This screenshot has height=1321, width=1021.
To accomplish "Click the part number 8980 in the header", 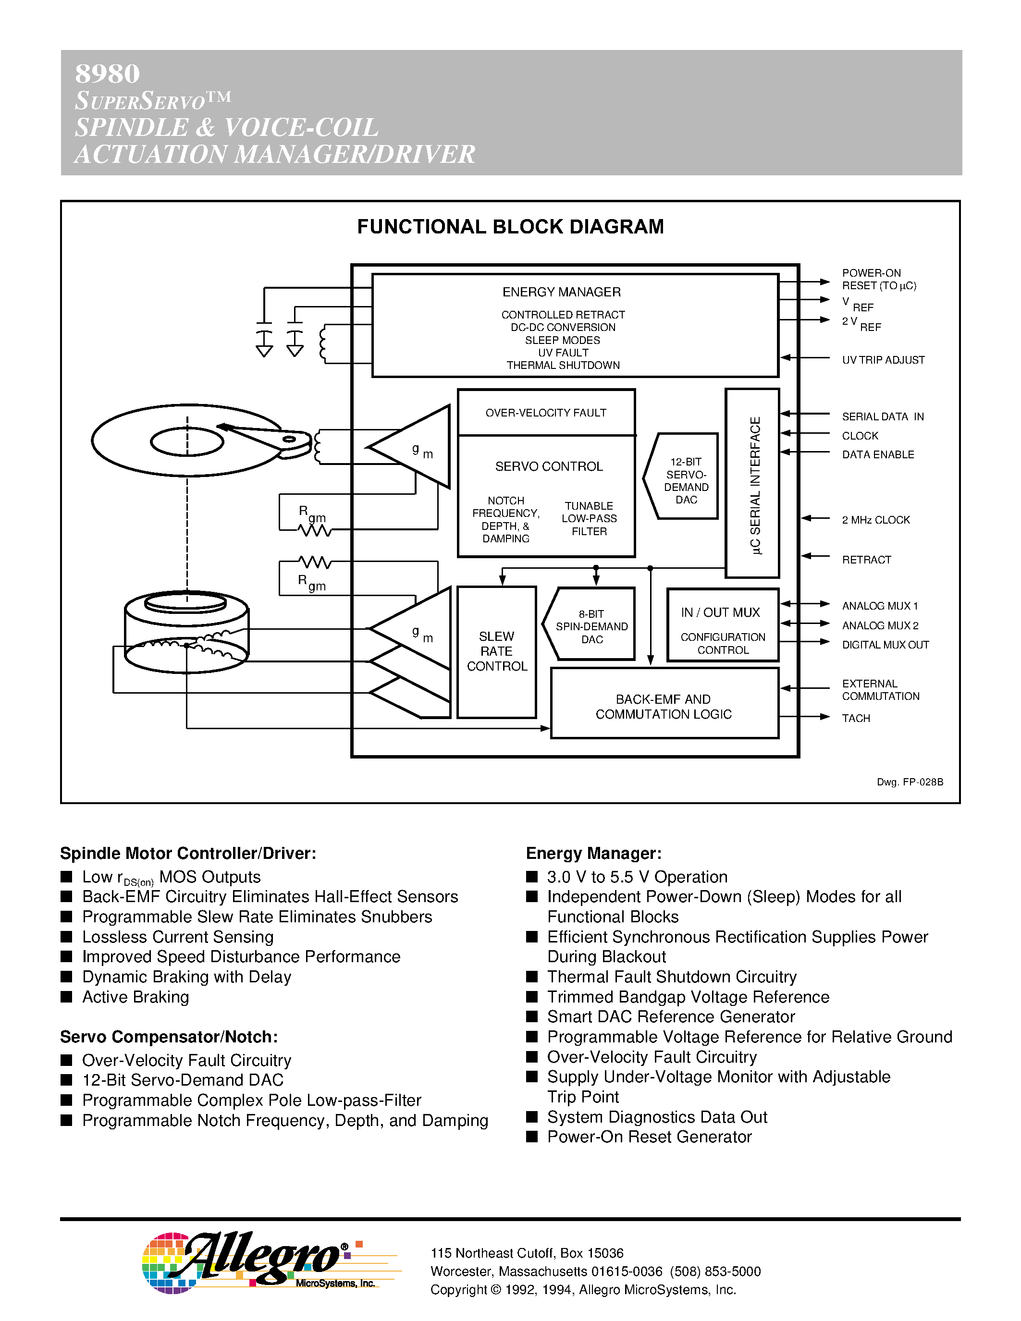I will coord(107,74).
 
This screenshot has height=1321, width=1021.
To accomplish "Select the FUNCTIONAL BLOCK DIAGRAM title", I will coord(510,227).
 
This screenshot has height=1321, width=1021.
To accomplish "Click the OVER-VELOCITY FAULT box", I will coord(546,413).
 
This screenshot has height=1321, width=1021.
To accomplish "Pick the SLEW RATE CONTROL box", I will coord(497,651).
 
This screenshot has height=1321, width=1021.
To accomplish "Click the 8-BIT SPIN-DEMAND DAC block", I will coord(591,626).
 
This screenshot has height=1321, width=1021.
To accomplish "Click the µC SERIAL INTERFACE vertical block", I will coord(752,484).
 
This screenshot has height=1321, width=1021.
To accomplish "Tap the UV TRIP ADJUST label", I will coord(883,360).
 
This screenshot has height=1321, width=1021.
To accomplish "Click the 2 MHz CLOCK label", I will coord(875,520).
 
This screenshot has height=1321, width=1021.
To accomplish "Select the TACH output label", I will coord(855,719).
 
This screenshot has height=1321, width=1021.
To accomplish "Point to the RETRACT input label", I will coord(866,560).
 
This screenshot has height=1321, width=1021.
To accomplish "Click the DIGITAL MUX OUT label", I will coord(885,645).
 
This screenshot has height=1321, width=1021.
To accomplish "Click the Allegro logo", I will coord(254,1262).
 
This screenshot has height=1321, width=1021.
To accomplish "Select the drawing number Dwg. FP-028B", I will coord(910,782).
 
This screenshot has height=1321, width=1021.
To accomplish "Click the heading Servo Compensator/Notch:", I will coord(169,1037).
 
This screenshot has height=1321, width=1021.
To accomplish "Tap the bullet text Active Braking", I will coord(135,997).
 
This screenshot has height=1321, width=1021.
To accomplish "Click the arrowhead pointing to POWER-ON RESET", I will coord(824,282).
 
